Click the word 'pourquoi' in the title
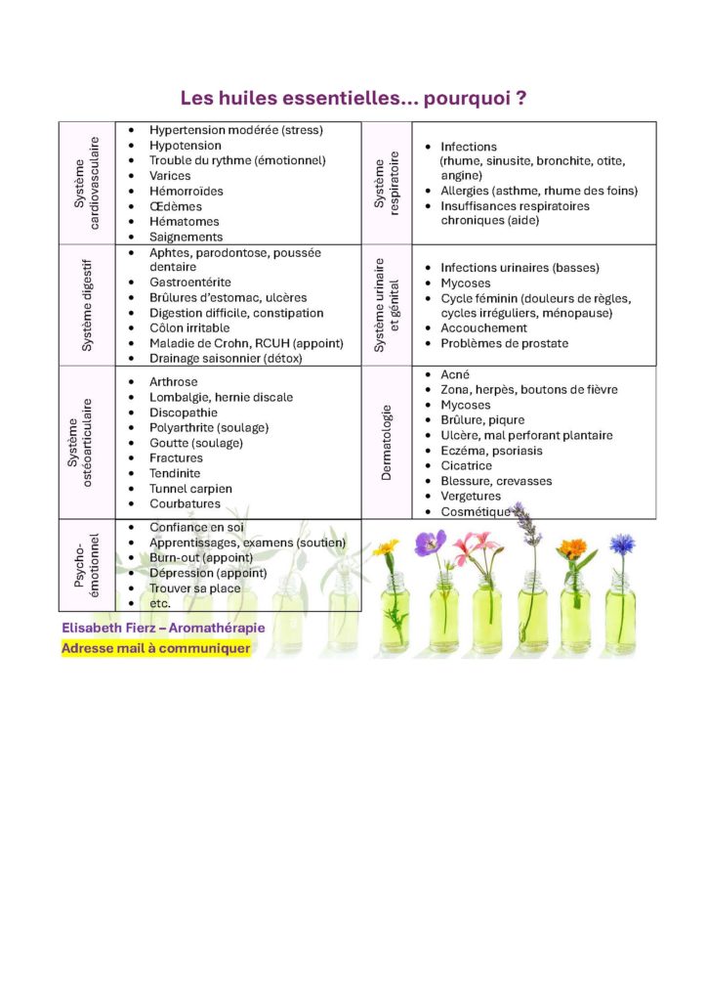click(458, 99)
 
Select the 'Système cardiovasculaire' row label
click(86, 184)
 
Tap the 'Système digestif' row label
click(87, 305)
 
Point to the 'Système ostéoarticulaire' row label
click(79, 443)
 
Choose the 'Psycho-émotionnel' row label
click(86, 565)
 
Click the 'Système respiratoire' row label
click(388, 184)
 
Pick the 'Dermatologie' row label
click(387, 442)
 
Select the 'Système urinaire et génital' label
click(388, 305)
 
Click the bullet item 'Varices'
click(170, 176)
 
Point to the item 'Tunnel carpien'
click(190, 488)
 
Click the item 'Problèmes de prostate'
click(504, 343)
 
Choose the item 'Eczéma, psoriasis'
click(491, 451)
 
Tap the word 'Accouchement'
click(483, 327)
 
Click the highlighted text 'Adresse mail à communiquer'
click(155, 647)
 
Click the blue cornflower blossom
click(621, 544)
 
